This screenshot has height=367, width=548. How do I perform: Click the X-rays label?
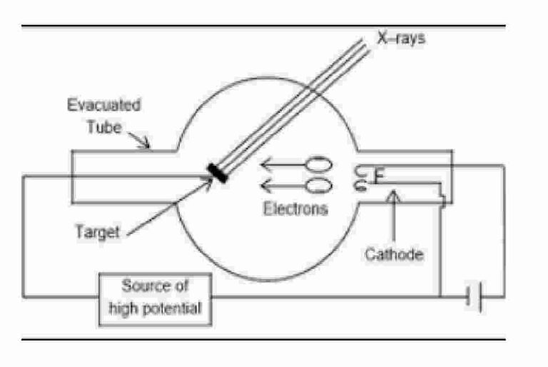point(400,38)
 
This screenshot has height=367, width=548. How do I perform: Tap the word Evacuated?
point(103,106)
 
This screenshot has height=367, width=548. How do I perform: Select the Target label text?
point(97,232)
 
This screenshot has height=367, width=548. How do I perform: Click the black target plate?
point(217,174)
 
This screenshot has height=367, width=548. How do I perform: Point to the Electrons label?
point(295,209)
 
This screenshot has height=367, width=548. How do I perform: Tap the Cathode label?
point(394,253)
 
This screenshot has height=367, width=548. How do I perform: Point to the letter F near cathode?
point(379,174)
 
